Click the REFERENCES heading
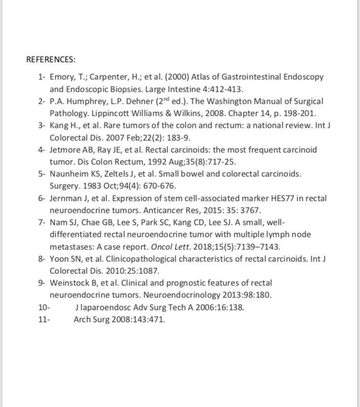51,60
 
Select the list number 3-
42,125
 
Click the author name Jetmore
65,149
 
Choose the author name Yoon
59,259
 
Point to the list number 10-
44,308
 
